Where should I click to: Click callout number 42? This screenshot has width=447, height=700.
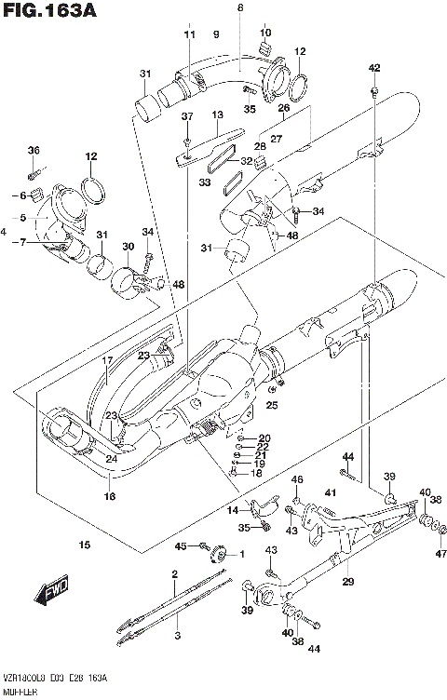pyautogui.click(x=374, y=68)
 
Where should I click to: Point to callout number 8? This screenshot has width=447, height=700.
pyautogui.click(x=239, y=7)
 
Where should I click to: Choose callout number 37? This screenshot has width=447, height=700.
pyautogui.click(x=186, y=116)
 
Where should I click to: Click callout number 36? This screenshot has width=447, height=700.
pyautogui.click(x=34, y=151)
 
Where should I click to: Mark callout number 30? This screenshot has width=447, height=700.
pyautogui.click(x=128, y=246)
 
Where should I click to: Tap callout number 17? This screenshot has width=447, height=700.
pyautogui.click(x=107, y=359)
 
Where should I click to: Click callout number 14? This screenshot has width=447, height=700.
pyautogui.click(x=233, y=511)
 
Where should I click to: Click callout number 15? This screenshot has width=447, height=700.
pyautogui.click(x=85, y=545)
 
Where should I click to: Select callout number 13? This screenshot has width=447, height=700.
pyautogui.click(x=217, y=114)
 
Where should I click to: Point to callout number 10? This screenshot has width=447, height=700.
pyautogui.click(x=265, y=34)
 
